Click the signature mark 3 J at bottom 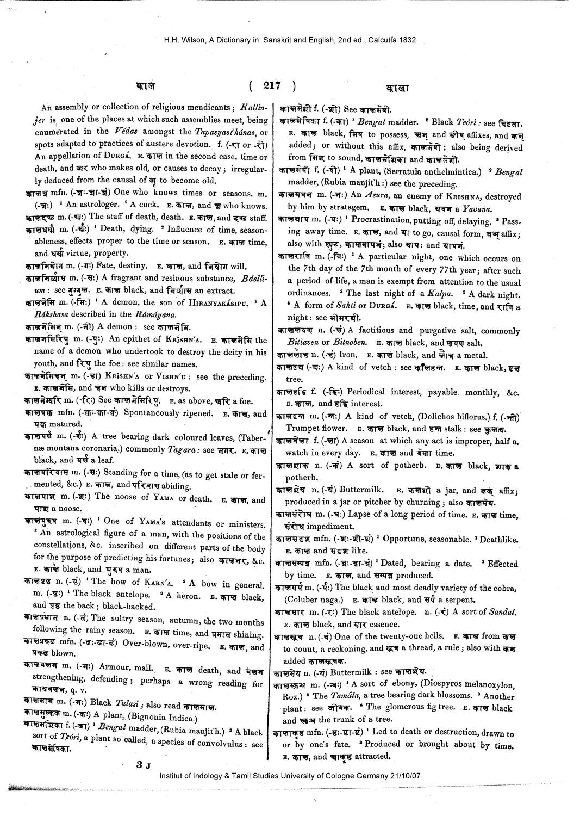click(144, 765)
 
